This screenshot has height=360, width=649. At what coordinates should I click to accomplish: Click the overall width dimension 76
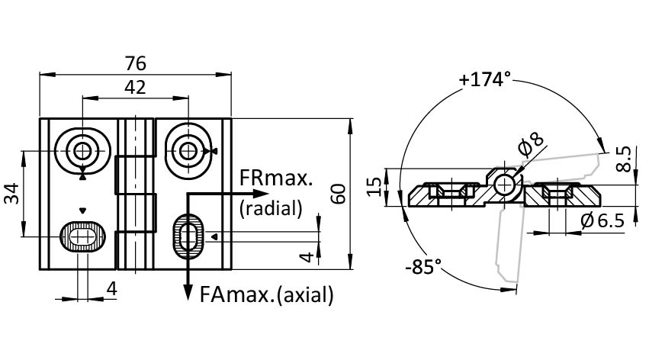tap(135, 63)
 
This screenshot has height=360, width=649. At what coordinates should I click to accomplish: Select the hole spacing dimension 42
tap(135, 87)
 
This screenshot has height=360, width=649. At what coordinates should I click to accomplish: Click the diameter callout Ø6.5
tap(602, 220)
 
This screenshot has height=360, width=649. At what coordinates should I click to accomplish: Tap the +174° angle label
tap(484, 79)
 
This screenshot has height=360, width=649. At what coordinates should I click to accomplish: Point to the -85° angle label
tap(423, 268)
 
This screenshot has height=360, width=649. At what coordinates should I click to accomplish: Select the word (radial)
tap(271, 207)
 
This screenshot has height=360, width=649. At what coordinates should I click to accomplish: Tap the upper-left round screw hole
tap(82, 148)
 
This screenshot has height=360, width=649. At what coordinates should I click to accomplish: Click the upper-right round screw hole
tap(187, 149)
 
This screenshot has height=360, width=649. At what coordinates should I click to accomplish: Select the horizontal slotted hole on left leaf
tap(82, 237)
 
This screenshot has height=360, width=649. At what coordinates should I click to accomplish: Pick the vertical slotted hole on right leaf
tap(188, 236)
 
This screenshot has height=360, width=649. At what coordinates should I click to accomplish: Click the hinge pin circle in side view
tap(503, 184)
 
